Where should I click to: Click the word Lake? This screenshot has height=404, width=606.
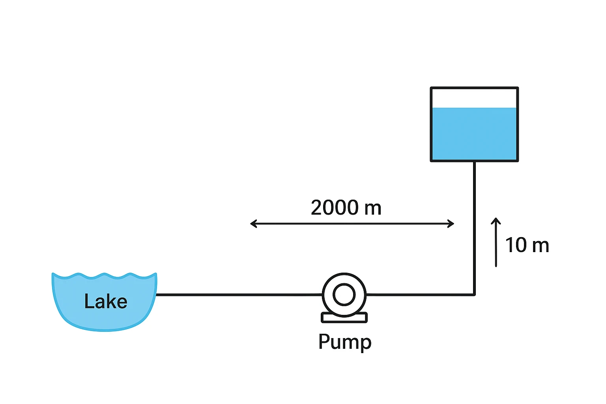[x=106, y=302]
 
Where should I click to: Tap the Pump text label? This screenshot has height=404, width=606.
[x=345, y=342]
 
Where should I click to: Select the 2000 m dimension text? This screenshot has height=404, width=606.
[x=346, y=208]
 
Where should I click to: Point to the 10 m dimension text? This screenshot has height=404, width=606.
[x=527, y=245]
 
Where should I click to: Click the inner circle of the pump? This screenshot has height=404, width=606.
[x=344, y=294]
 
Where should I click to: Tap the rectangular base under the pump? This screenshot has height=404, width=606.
[x=344, y=318]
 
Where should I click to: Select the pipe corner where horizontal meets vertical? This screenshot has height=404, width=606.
[x=474, y=294]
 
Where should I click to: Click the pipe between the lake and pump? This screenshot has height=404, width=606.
[x=237, y=294]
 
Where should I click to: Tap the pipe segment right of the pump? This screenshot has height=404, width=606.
[x=418, y=294]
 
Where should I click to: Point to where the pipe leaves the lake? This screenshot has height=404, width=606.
[x=158, y=294]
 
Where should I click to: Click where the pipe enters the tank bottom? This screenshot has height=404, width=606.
[x=474, y=162]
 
